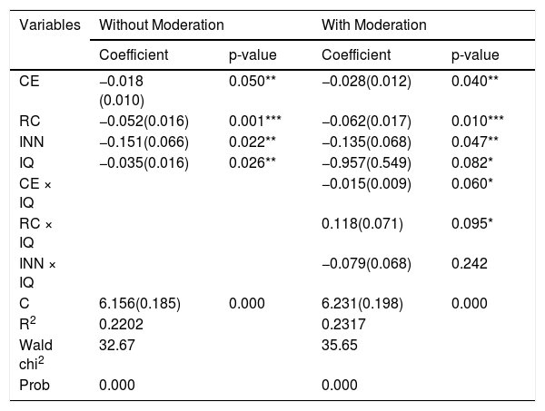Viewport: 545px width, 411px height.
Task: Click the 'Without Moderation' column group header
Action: click(x=162, y=25)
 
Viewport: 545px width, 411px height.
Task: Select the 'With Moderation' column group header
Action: click(x=374, y=25)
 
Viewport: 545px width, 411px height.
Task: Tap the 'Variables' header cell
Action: click(x=50, y=25)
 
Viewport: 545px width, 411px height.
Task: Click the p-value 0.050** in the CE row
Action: click(x=253, y=82)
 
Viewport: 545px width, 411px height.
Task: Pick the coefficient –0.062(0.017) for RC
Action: click(x=366, y=122)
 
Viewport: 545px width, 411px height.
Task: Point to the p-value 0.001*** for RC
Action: click(x=254, y=122)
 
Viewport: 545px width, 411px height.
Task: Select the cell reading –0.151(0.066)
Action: click(x=144, y=142)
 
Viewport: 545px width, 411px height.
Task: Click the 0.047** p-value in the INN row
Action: click(x=475, y=142)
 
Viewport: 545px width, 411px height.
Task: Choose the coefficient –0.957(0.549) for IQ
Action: click(x=366, y=162)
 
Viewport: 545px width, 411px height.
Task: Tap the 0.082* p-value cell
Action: click(x=472, y=162)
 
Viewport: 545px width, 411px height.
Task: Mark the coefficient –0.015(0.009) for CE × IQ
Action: click(x=366, y=183)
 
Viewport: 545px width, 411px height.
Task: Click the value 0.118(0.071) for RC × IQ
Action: click(x=362, y=224)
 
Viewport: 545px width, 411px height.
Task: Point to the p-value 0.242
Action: click(x=470, y=264)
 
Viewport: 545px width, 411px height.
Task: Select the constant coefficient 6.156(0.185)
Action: click(x=140, y=304)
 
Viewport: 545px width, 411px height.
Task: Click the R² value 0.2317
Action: click(x=343, y=325)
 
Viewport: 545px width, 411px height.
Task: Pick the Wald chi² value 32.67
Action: click(x=117, y=346)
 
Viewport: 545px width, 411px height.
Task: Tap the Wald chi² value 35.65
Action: click(x=339, y=346)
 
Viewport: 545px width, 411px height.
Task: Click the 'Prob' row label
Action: click(x=35, y=386)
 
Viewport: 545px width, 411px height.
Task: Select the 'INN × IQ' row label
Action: click(x=37, y=273)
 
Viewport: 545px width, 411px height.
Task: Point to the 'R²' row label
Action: click(x=27, y=324)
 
